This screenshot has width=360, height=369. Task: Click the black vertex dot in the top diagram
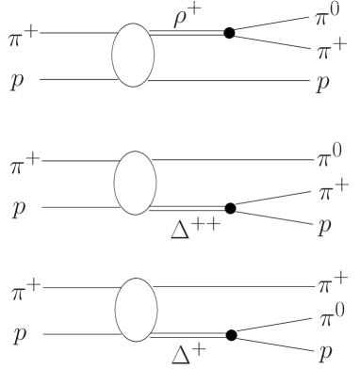(229, 34)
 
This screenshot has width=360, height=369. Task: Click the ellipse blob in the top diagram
(133, 56)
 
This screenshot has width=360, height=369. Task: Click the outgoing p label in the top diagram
(324, 83)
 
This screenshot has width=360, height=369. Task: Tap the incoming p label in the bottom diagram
(17, 334)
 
